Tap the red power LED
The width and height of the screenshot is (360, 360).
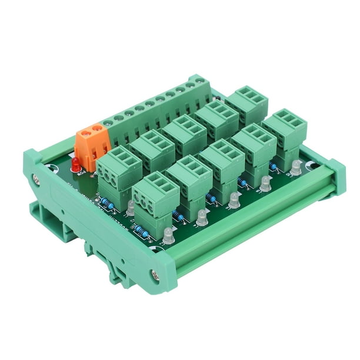pyautogui.click(x=75, y=164)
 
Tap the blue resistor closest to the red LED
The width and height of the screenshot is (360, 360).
pyautogui.click(x=106, y=204)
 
